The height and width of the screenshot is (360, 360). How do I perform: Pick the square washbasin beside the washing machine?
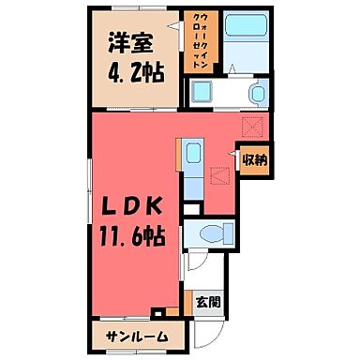tap(202, 92)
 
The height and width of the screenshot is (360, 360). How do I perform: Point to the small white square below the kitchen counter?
tap(191, 209)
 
